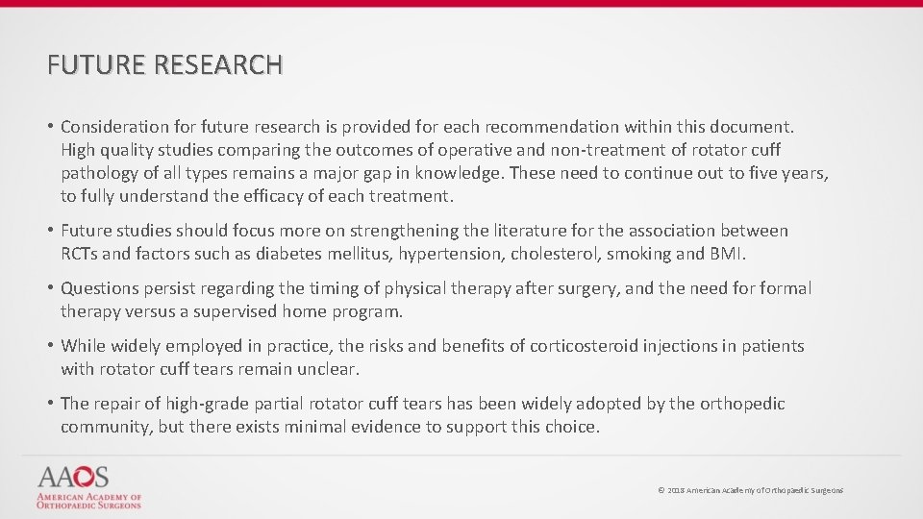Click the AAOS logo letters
[74, 478]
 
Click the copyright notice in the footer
[750, 490]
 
